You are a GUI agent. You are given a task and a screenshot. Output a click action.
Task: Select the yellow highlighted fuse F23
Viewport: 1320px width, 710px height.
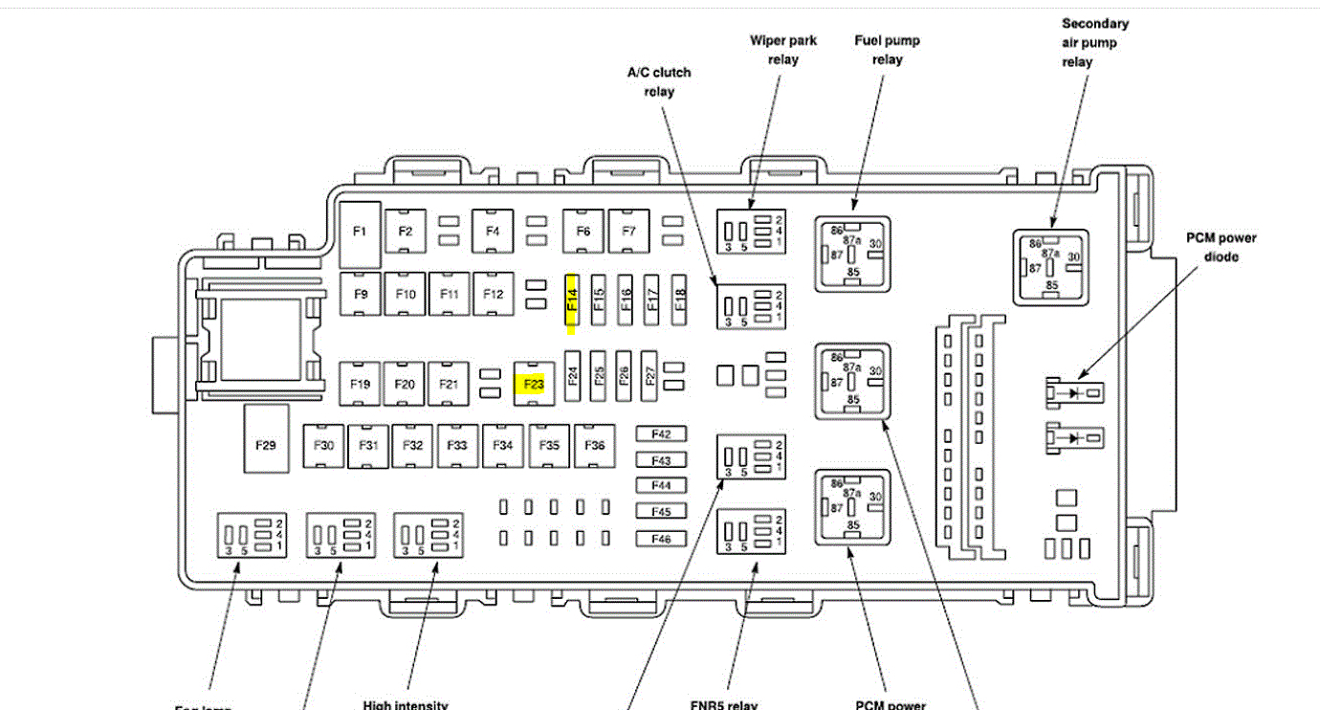click(533, 385)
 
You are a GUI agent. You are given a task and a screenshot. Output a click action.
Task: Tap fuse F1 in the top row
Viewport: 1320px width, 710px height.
click(360, 233)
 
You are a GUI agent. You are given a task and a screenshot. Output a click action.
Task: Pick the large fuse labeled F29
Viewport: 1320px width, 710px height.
click(265, 445)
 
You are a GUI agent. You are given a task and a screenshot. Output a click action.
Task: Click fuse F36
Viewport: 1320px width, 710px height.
click(595, 445)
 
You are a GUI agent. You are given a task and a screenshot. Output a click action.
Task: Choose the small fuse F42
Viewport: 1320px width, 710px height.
click(661, 434)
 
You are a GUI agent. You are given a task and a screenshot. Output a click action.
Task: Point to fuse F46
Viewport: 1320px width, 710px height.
click(661, 539)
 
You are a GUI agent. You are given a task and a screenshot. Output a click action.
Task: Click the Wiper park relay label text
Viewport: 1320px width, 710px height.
click(782, 50)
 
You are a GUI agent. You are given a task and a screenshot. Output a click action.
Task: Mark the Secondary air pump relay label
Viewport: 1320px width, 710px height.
click(1094, 42)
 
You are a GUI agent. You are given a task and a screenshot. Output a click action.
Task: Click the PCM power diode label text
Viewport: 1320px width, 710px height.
click(1221, 247)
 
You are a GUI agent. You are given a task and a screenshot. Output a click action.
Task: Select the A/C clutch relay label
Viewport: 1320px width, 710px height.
click(659, 81)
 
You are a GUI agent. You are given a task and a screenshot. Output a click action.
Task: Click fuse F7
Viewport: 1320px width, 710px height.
click(628, 232)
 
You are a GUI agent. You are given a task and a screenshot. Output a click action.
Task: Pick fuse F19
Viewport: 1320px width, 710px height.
click(360, 385)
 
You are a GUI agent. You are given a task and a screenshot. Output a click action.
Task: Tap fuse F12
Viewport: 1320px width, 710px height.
click(493, 295)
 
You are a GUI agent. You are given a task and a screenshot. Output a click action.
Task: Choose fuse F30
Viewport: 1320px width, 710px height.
click(324, 445)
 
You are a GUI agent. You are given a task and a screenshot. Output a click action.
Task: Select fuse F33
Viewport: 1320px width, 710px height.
click(458, 445)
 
